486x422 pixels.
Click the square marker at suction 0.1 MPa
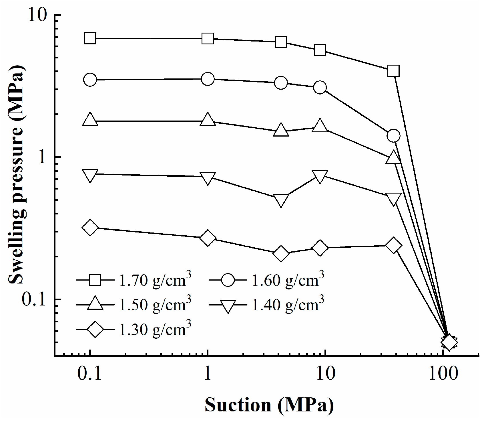click(90, 38)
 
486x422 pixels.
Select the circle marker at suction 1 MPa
click(208, 79)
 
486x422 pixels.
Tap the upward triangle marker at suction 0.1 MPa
click(90, 119)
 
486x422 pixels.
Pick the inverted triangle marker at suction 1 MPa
click(208, 178)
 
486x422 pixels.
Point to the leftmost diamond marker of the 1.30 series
click(90, 228)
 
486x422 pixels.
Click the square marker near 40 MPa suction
click(393, 70)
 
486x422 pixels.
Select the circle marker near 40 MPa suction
click(393, 135)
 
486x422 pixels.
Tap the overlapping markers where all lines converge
click(449, 342)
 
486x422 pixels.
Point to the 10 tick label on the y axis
click(37, 15)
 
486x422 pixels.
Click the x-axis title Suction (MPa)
click(269, 405)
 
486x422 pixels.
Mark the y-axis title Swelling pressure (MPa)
click(16, 175)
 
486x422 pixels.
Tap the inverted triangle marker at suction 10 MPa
click(320, 177)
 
